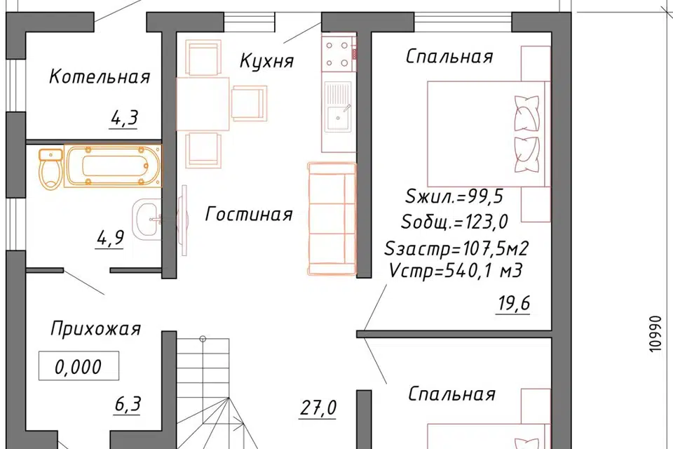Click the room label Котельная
click(x=100, y=76)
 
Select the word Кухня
click(x=266, y=61)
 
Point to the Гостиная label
click(x=249, y=214)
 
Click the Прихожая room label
click(x=95, y=328)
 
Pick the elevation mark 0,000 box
click(x=78, y=366)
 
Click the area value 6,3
click(x=128, y=404)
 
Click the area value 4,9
click(x=110, y=237)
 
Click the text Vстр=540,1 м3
click(x=454, y=270)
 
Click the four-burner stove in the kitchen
click(x=337, y=55)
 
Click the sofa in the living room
click(x=332, y=217)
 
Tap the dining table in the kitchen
click(x=203, y=104)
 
